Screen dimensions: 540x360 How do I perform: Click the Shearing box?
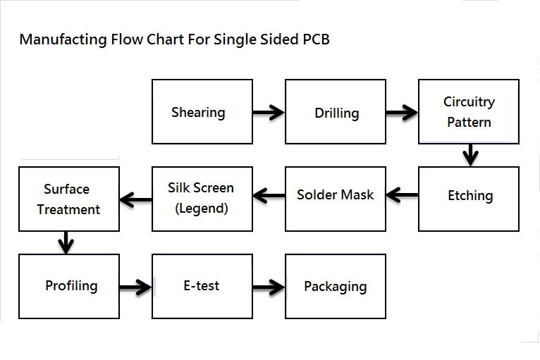[x=202, y=111]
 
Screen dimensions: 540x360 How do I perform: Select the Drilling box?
[x=336, y=111]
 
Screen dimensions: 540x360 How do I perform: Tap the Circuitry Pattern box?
[x=469, y=111]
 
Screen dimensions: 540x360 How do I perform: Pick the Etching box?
[x=469, y=199]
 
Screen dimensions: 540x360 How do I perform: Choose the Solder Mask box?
[x=336, y=199]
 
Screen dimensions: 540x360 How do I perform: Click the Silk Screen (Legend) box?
[x=202, y=199]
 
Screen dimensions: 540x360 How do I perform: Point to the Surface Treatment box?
[x=69, y=199]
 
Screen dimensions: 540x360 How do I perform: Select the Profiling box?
[x=69, y=286]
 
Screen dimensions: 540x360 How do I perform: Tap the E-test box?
[x=202, y=286]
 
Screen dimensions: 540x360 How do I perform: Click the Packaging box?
[x=336, y=286]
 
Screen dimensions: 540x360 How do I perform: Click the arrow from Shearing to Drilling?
[x=269, y=112]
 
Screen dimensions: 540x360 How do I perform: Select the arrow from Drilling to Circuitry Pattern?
[x=403, y=112]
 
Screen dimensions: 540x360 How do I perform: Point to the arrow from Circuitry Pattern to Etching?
[x=470, y=155]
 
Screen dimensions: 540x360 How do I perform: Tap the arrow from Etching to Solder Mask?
[x=403, y=195]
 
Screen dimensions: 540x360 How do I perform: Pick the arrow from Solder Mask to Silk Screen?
[x=269, y=195]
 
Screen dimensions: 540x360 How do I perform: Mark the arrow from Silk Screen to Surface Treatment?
[x=135, y=199]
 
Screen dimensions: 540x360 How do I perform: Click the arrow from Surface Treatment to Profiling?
[x=66, y=242]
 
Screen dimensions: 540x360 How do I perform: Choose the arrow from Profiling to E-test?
[x=135, y=287]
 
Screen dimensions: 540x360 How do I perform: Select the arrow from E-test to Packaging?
[x=269, y=287]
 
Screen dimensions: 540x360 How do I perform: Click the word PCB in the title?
[x=316, y=39]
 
